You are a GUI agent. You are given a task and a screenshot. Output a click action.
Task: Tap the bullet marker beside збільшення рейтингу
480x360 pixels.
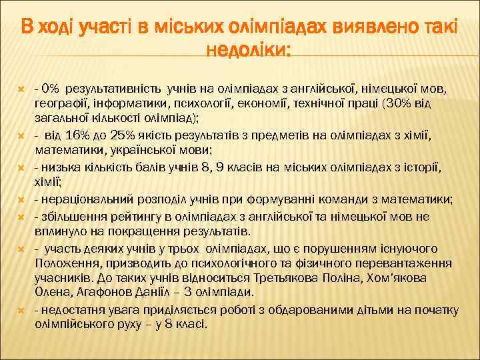tap(21, 216)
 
